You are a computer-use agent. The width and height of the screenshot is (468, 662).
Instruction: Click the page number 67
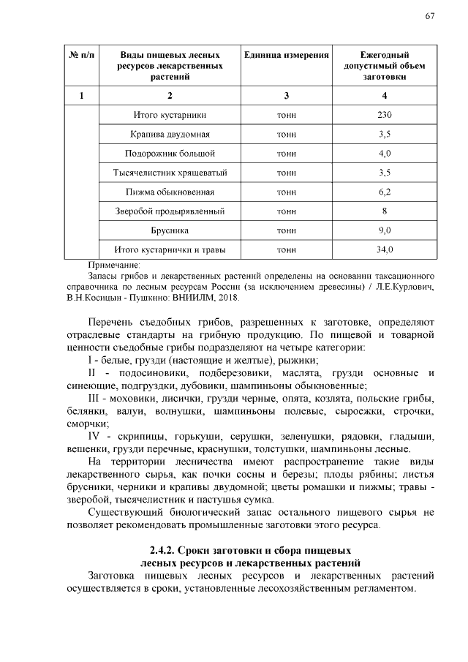click(430, 17)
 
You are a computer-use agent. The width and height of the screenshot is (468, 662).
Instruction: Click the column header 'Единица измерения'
click(287, 56)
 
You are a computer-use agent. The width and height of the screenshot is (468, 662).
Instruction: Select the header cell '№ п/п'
click(81, 56)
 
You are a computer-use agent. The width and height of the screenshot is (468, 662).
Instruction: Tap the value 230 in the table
click(385, 115)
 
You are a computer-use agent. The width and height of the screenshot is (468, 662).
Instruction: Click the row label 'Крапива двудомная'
click(170, 135)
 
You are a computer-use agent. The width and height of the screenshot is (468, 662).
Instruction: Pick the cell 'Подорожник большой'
click(170, 154)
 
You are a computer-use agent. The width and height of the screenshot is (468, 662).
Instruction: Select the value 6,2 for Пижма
click(385, 192)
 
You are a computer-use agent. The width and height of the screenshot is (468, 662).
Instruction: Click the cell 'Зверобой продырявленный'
click(170, 211)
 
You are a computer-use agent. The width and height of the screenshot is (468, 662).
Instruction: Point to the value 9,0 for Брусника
click(385, 230)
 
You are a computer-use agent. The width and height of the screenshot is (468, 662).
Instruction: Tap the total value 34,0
click(385, 249)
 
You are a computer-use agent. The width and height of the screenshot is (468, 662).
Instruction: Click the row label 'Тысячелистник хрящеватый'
click(170, 173)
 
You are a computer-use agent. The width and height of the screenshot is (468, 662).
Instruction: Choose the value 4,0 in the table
click(385, 154)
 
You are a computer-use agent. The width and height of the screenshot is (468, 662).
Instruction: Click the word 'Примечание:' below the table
click(113, 265)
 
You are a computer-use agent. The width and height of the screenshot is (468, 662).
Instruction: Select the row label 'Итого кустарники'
click(170, 115)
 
